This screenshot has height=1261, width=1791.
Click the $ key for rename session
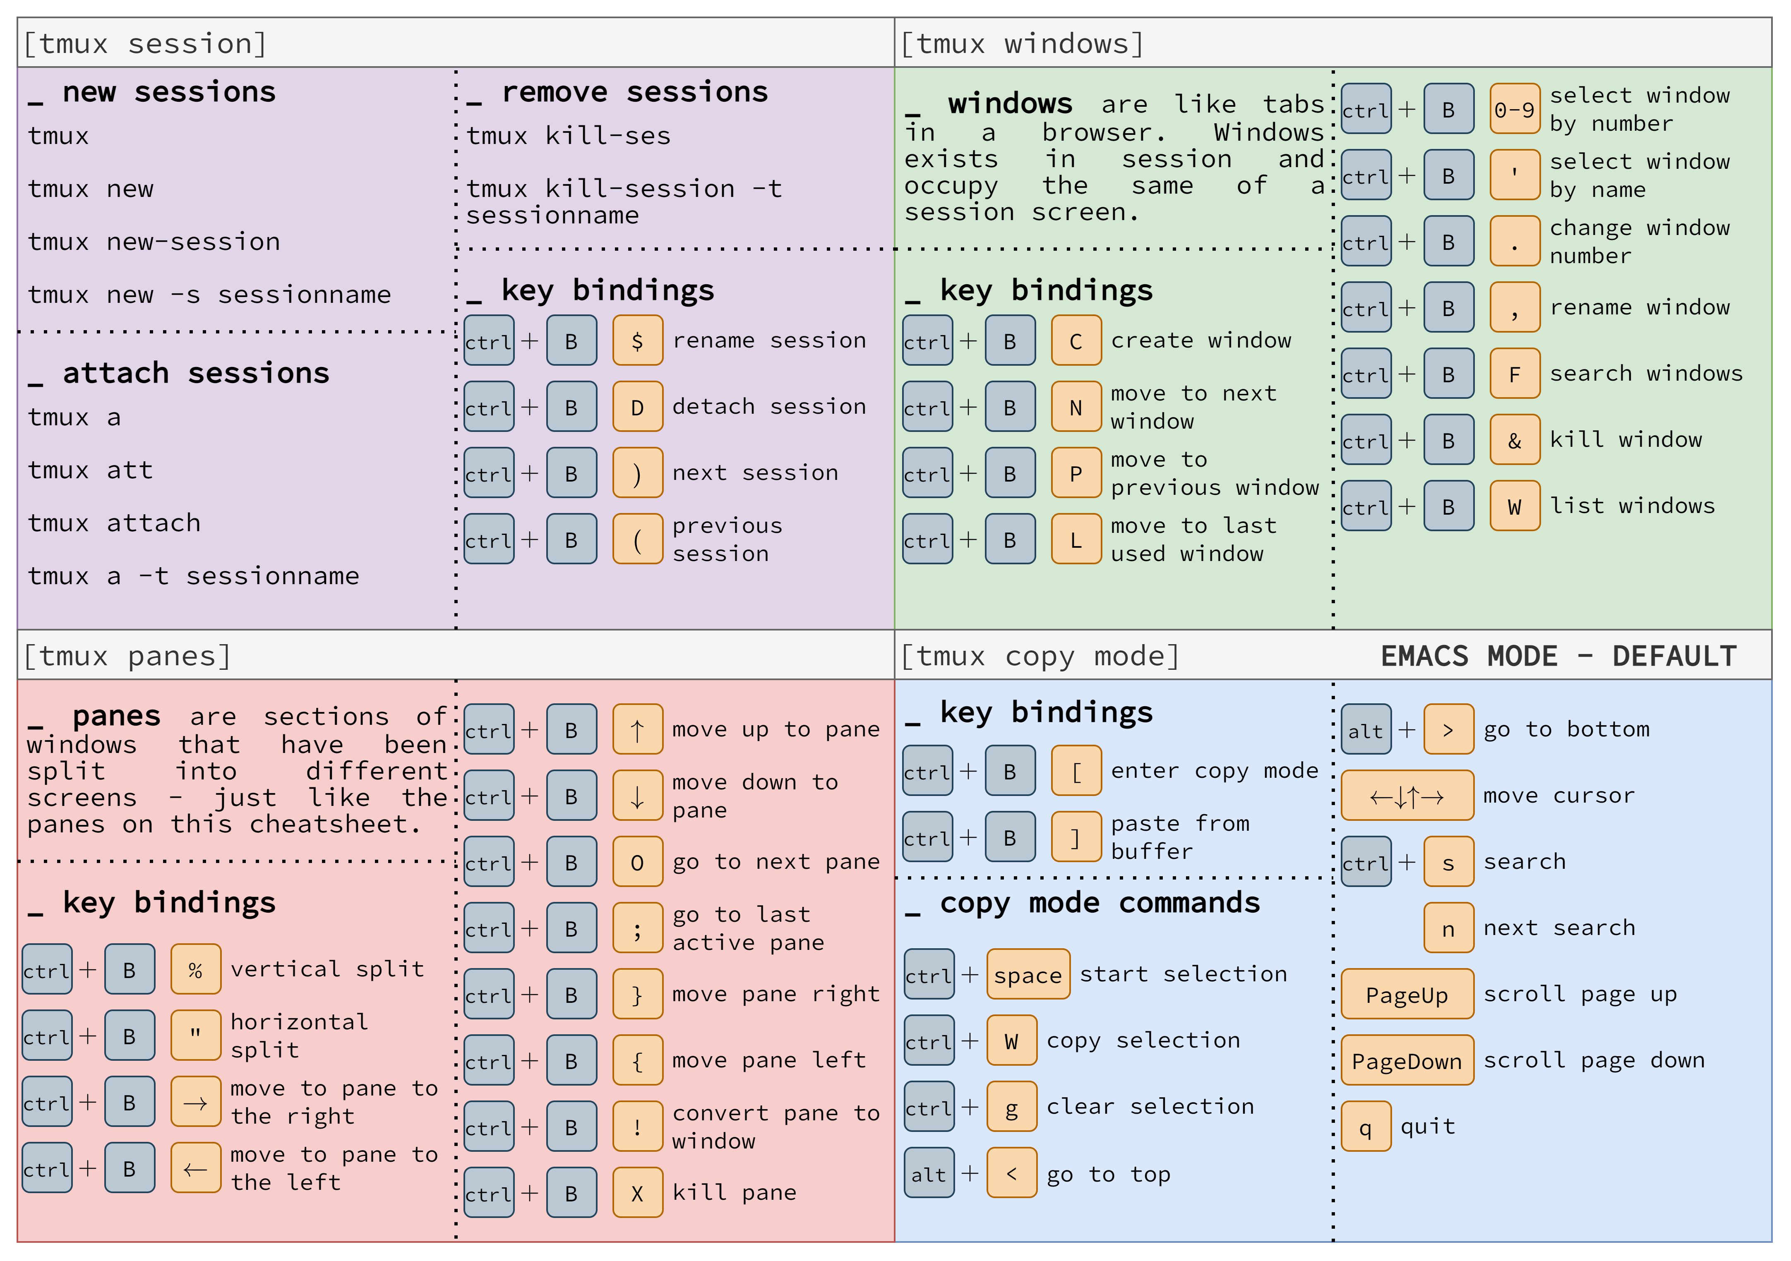click(637, 341)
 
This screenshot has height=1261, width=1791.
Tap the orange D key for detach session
click(637, 407)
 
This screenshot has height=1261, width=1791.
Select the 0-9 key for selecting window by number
click(1514, 110)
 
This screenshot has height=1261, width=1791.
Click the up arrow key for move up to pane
click(637, 730)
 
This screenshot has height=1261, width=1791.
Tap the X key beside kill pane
click(637, 1193)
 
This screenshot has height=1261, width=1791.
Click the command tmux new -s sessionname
click(209, 295)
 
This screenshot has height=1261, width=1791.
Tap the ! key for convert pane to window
click(637, 1127)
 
